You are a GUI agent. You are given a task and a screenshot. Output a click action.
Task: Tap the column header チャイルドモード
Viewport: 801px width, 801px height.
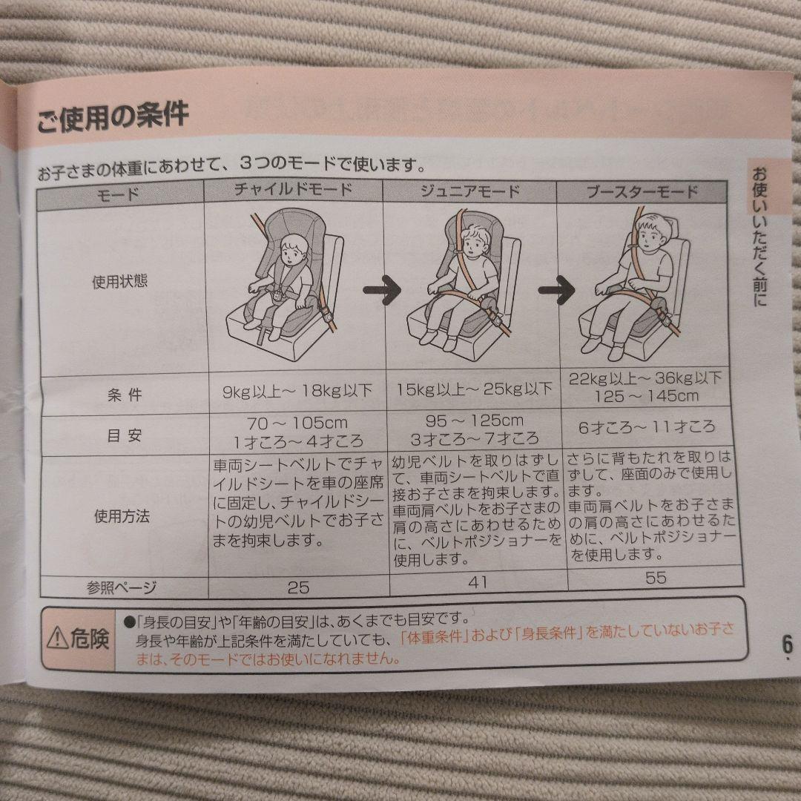coord(293,190)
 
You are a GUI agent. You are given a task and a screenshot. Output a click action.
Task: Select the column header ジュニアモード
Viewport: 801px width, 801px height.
coord(470,191)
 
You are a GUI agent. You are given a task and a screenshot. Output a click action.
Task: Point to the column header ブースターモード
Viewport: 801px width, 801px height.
coord(642,192)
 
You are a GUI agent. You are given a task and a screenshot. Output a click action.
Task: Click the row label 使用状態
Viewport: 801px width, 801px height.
coord(119,282)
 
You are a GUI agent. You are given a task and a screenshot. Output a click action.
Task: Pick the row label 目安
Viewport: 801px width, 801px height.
coord(124,436)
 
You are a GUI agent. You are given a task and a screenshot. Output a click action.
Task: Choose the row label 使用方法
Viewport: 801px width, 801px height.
coord(122,516)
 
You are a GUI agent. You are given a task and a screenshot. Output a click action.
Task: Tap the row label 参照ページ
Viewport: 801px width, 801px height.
coord(122,588)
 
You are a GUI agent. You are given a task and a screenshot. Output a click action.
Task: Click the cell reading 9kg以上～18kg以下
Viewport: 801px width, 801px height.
coord(297,392)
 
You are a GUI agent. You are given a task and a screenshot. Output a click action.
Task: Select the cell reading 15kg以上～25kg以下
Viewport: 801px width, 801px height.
coord(475,390)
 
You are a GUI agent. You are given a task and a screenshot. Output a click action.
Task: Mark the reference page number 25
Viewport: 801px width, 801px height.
coord(298,587)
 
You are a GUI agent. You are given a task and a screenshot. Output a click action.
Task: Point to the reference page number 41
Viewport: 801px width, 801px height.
coord(478,582)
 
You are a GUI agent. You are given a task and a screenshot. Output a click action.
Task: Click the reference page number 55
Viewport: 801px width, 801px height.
coord(656,578)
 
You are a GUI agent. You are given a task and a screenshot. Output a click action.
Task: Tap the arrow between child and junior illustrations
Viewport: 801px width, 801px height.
coord(382,290)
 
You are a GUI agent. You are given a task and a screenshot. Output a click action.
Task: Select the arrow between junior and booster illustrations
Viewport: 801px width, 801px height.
coord(557,290)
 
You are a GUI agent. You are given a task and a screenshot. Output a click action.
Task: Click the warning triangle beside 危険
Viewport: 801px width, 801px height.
coord(57,639)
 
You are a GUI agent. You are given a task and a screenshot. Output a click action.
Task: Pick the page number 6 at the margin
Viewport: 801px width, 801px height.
coord(787,645)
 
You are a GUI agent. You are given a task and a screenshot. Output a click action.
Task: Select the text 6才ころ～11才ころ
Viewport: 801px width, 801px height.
coord(647,427)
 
